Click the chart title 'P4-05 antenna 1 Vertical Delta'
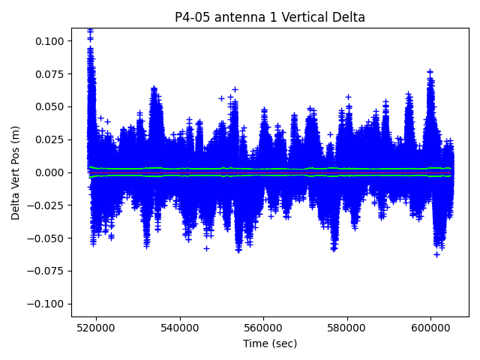coord(270,17)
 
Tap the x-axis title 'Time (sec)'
coord(270,343)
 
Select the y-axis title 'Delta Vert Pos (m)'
coord(16,172)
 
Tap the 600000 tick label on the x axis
coord(431,327)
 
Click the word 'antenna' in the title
coord(243,17)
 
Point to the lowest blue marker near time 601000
coord(436,254)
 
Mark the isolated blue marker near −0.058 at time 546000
coord(206,248)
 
